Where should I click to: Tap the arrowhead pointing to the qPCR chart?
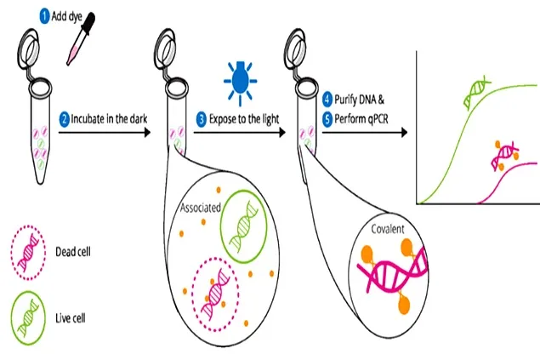click(x=402, y=132)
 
